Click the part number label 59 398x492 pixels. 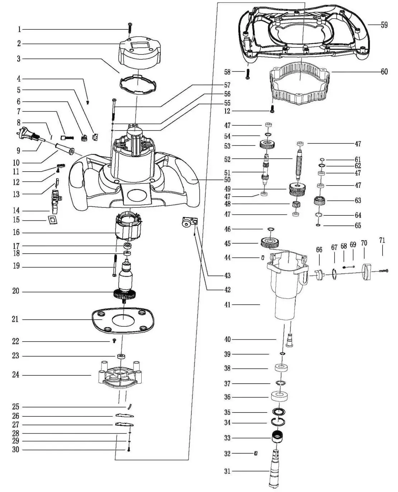384,25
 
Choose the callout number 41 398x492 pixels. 227,305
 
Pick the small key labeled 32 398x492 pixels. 256,453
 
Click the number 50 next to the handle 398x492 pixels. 227,180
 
